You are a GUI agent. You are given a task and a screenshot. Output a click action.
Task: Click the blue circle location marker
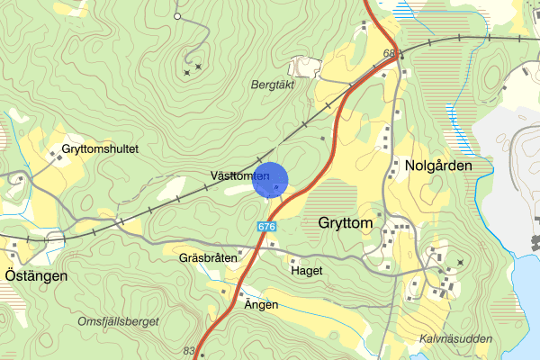coord(270,180)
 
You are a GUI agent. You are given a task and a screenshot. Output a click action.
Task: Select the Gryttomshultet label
coord(100,149)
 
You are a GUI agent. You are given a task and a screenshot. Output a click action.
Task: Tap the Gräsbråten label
coord(207,257)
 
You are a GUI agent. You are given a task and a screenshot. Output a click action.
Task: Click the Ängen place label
coord(261,305)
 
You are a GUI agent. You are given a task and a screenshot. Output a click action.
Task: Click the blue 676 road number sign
coord(265,228)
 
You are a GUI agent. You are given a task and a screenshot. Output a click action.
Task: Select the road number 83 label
coord(189,351)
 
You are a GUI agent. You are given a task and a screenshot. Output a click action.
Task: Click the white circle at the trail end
coord(177,16)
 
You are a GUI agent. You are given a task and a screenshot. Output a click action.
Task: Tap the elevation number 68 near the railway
coord(390,54)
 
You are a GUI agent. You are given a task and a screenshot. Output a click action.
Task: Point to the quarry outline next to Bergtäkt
coord(303,66)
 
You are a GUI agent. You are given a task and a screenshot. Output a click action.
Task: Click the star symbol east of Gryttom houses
coord(460,262)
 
